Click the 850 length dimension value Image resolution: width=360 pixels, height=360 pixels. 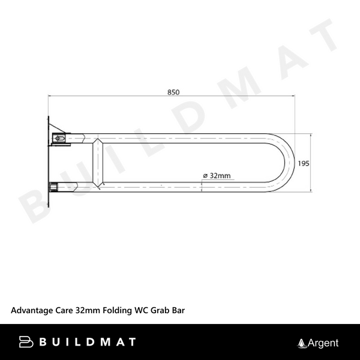point(173,92)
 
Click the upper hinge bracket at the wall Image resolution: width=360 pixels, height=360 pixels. point(61,137)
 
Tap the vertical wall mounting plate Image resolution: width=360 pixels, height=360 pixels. point(47,162)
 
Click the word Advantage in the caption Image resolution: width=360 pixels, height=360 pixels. point(32,311)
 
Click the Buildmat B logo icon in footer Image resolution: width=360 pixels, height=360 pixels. point(26,343)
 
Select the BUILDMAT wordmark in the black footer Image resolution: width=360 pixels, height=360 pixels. point(86,343)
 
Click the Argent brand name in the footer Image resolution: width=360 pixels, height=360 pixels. point(323,343)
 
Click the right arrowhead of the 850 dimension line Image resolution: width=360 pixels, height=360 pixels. point(292,96)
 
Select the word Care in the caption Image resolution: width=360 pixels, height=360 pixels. point(64,311)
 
